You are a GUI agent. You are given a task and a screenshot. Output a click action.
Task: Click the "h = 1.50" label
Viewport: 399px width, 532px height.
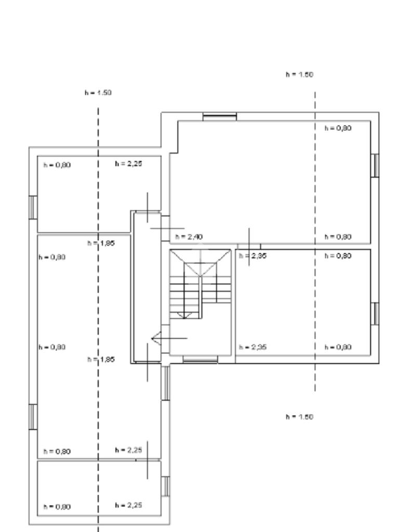pos(98,92)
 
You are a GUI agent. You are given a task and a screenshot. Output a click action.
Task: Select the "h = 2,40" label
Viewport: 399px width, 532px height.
pos(189,236)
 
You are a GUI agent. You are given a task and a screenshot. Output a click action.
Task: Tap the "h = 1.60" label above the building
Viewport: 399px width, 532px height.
pos(299,74)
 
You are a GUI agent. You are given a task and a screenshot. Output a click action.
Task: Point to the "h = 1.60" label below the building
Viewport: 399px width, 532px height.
pos(299,417)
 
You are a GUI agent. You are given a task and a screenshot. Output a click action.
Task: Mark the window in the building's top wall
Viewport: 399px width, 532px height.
pos(219,116)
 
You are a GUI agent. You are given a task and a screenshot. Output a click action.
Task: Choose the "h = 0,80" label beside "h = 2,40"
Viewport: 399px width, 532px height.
pos(338,236)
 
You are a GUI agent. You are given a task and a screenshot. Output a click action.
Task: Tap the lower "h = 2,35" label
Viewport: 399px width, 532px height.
pos(252,347)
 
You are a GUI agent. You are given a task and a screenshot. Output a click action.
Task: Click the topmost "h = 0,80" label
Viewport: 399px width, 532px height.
pos(338,128)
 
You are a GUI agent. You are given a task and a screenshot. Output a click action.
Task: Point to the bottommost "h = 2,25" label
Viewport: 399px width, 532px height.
pos(128,504)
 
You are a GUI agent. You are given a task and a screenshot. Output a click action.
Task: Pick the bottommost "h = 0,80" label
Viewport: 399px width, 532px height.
pos(57,507)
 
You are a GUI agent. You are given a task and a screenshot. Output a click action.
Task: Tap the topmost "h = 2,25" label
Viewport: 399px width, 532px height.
pos(128,164)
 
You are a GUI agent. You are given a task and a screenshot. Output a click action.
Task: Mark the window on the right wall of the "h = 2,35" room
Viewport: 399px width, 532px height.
pos(376,313)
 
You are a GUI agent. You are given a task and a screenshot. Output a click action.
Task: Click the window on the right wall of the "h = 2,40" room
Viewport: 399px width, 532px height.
pos(376,165)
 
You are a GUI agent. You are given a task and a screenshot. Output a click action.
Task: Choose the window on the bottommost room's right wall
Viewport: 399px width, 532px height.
pos(166,486)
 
